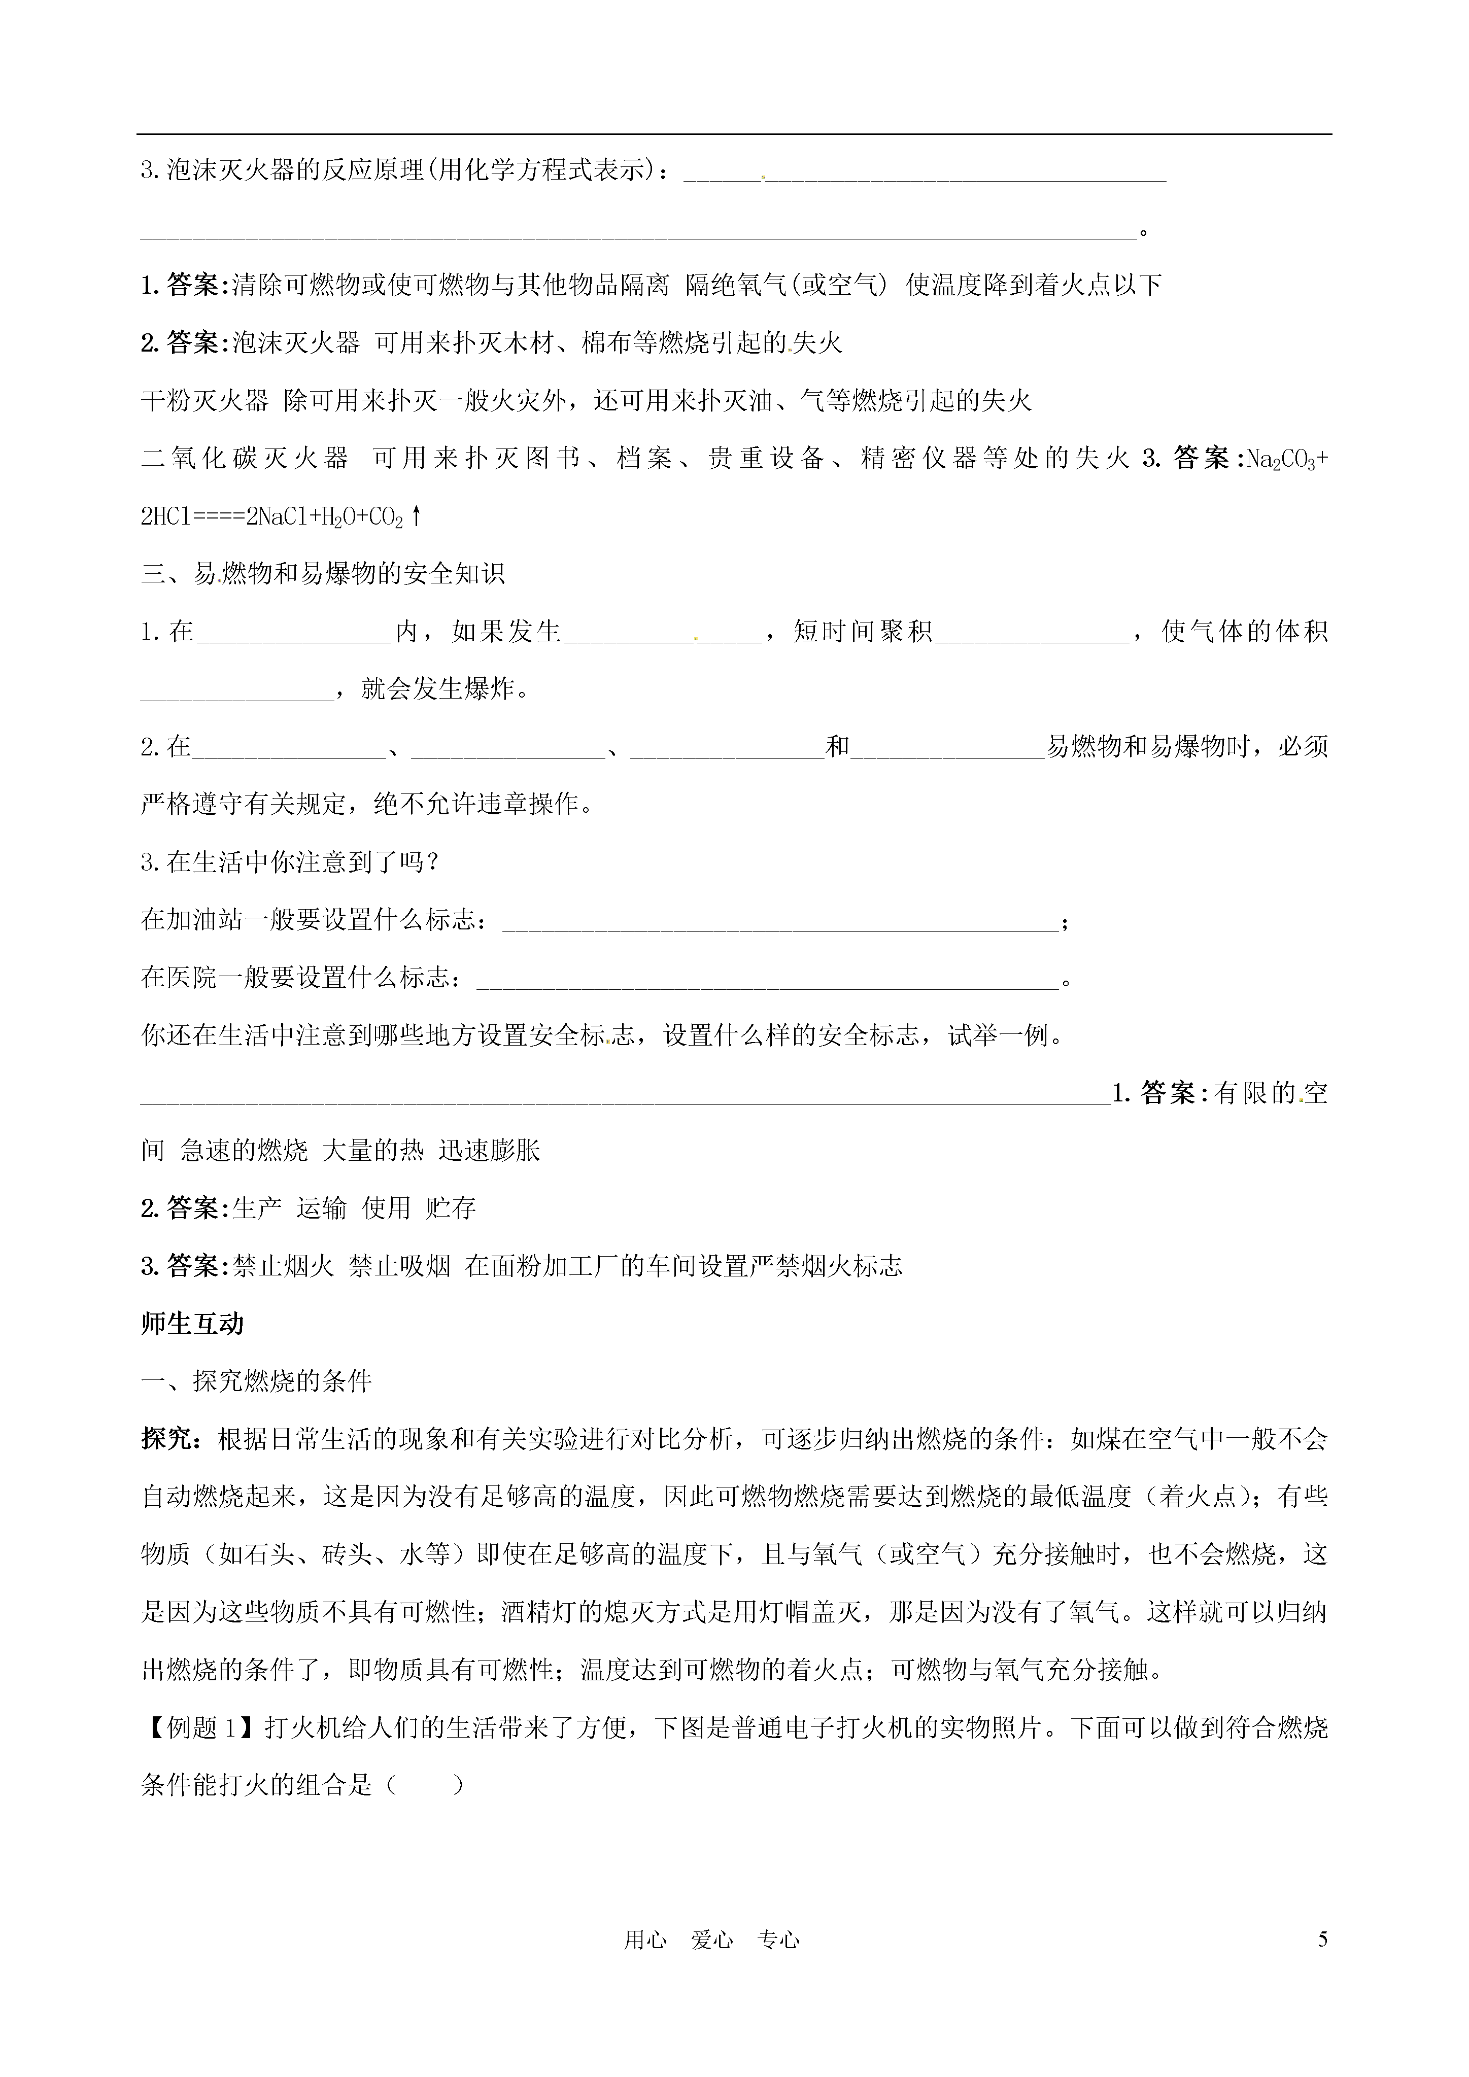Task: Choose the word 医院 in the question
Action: (192, 978)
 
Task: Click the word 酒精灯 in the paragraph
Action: (541, 1613)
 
